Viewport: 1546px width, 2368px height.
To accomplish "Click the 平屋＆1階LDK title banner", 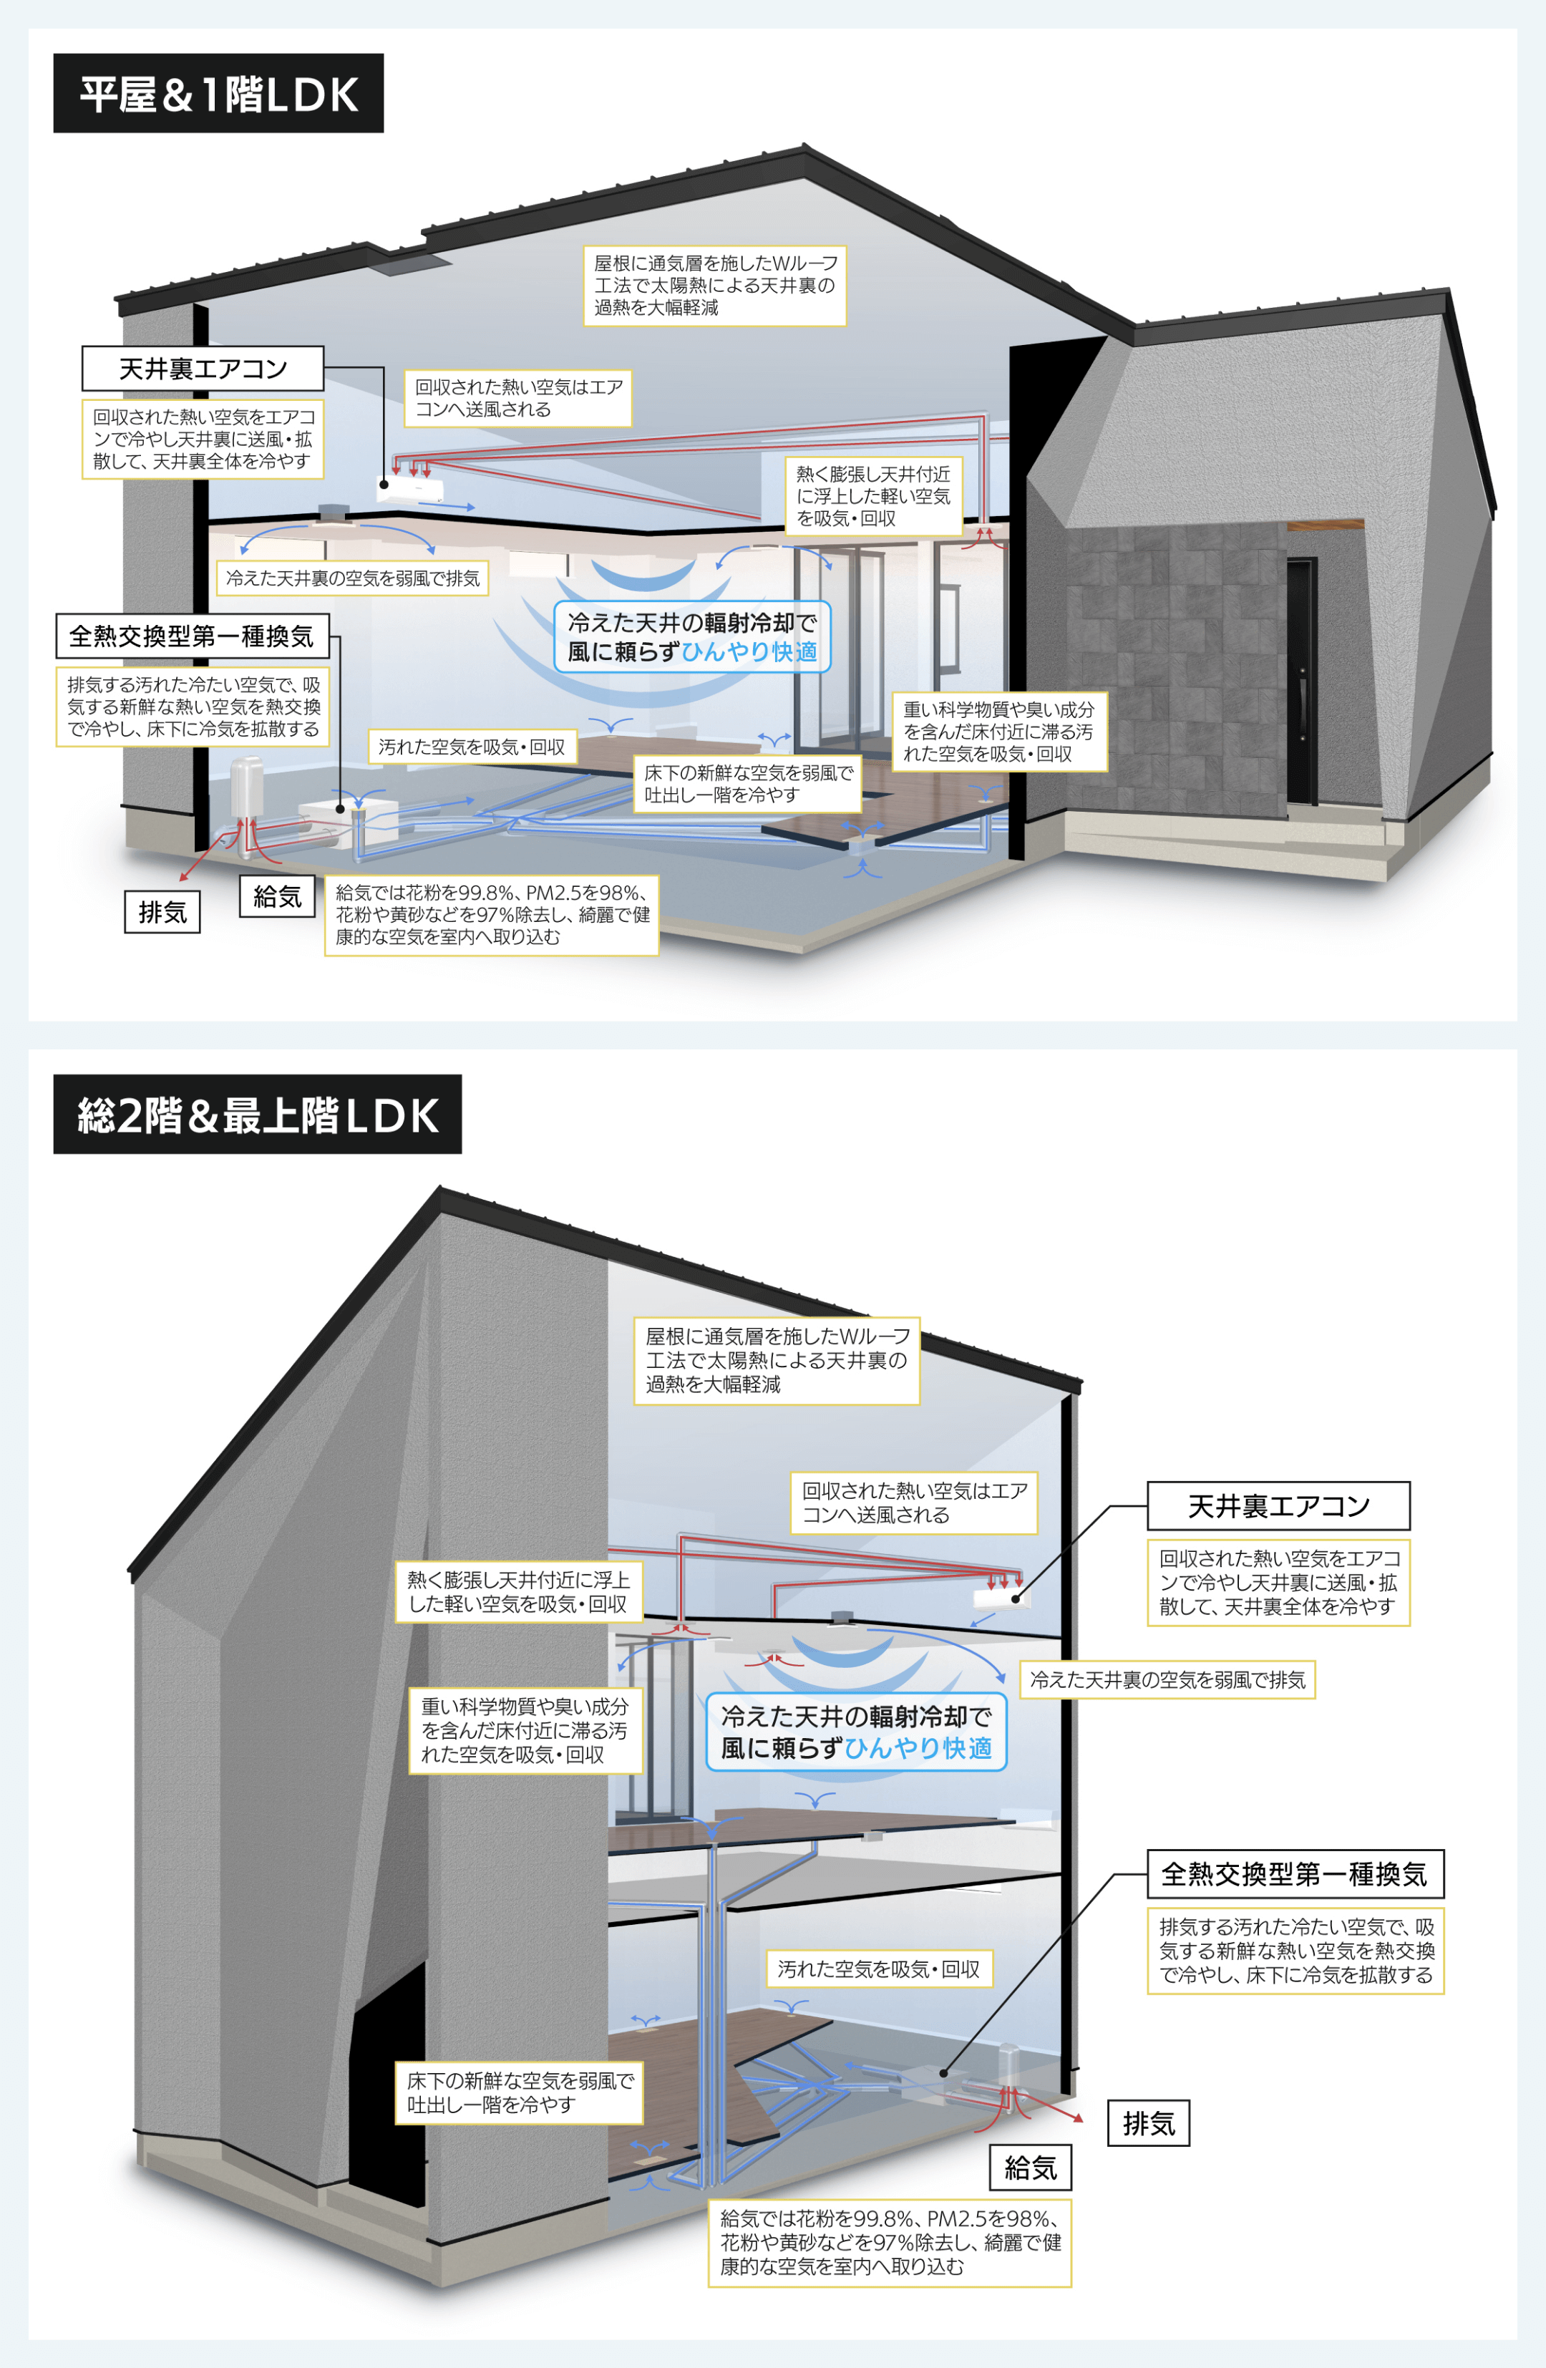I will point(218,94).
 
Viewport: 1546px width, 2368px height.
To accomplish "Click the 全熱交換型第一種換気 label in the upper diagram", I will point(192,636).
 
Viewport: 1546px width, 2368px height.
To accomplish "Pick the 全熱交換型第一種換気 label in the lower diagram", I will point(1294,1875).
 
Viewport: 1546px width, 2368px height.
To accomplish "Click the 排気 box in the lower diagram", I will point(1148,2123).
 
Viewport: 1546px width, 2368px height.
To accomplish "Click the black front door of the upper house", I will point(1301,681).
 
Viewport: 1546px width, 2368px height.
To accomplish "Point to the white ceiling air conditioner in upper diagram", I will point(411,490).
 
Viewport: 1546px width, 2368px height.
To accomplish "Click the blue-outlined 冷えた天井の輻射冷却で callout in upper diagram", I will point(692,637).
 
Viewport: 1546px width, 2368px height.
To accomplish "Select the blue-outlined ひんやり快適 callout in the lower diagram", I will point(855,1732).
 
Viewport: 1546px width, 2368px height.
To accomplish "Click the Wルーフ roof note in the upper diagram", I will point(714,286).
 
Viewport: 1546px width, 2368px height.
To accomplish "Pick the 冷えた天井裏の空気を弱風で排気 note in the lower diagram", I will point(1167,1679).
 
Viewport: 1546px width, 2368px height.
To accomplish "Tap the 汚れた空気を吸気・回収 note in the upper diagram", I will point(472,746).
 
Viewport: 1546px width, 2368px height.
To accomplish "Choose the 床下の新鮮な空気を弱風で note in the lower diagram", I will point(518,2092).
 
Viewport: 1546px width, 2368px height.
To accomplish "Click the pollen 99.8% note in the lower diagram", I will point(890,2243).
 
